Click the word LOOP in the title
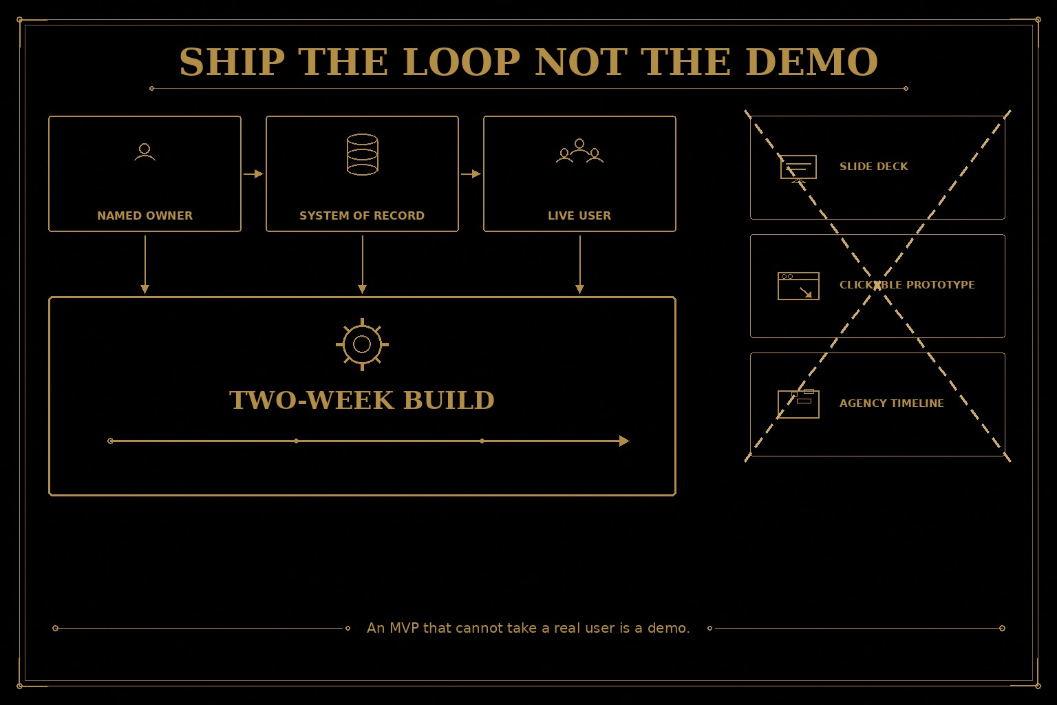point(461,62)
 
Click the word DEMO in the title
point(811,62)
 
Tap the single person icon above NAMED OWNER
point(145,152)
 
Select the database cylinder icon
point(363,154)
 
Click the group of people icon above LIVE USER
point(579,151)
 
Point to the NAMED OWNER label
point(145,215)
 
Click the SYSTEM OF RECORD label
point(362,215)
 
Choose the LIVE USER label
point(579,215)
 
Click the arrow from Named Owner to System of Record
point(253,173)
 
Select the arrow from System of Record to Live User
point(471,173)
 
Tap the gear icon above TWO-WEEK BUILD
point(363,345)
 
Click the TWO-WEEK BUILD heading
point(362,401)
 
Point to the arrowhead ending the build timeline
point(624,441)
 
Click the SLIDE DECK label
point(874,167)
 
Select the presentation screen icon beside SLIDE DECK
point(798,169)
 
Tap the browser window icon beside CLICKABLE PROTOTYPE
point(798,286)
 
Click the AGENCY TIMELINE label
point(892,403)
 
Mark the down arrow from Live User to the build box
point(580,264)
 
